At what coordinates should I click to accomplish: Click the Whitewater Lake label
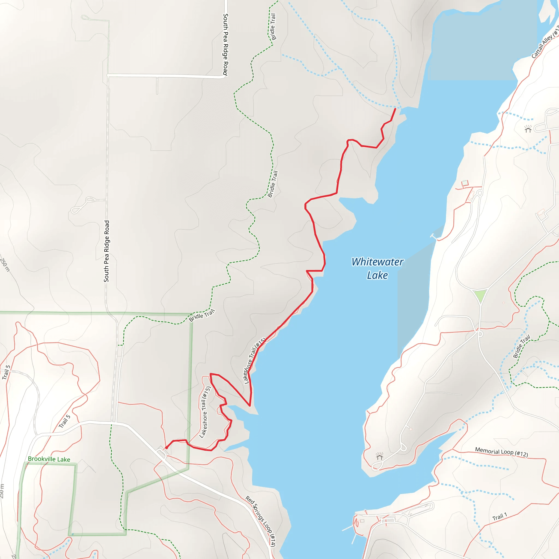(x=377, y=268)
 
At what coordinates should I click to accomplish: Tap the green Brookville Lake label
(x=49, y=459)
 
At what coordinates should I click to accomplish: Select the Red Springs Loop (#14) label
(x=260, y=521)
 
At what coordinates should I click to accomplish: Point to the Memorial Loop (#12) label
(x=501, y=452)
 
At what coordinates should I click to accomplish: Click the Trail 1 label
(x=500, y=517)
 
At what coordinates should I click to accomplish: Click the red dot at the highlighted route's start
(x=166, y=448)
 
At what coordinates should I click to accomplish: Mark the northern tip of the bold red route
(x=395, y=109)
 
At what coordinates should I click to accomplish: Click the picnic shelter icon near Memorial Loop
(x=379, y=456)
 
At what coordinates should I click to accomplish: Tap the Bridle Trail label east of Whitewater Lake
(x=521, y=346)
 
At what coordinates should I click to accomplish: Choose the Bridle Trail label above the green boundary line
(x=202, y=315)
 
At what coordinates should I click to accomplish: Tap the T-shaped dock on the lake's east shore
(x=434, y=236)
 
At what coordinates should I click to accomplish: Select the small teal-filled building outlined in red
(x=465, y=183)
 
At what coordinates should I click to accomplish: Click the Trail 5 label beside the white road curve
(x=6, y=372)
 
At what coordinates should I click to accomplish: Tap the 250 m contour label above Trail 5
(x=5, y=265)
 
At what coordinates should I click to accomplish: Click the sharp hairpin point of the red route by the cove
(x=250, y=406)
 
